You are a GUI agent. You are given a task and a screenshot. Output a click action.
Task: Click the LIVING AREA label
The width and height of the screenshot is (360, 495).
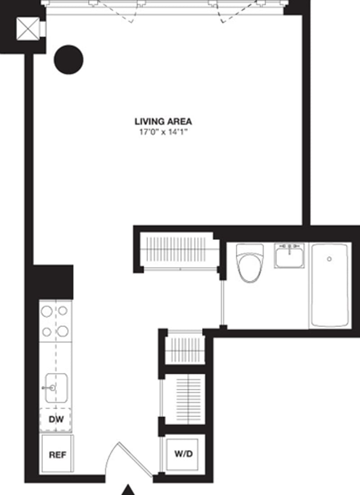tap(163, 121)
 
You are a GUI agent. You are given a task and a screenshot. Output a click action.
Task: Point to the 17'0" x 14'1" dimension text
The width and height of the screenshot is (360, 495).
tap(163, 132)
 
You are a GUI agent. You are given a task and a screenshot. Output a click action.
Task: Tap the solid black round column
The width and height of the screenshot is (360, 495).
tap(69, 60)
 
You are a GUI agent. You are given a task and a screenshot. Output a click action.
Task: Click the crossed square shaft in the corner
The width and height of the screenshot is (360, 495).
tap(27, 29)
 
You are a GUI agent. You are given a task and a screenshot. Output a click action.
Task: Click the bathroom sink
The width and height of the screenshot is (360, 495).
tap(289, 255)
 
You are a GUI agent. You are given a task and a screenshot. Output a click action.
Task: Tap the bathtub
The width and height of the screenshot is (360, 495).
tap(329, 285)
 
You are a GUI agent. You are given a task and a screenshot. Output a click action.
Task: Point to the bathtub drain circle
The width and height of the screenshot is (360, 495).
tap(329, 259)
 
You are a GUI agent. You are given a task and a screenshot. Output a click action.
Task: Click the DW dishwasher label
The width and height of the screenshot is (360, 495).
tap(56, 420)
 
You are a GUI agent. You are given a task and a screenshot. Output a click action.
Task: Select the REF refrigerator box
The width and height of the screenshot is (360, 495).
tap(57, 454)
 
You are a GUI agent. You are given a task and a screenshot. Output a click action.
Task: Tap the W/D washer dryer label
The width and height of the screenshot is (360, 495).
tap(183, 454)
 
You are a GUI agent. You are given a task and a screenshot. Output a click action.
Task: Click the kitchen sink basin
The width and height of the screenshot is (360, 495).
tap(57, 388)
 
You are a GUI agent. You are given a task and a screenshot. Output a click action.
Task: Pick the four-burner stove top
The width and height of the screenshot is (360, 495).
tap(55, 321)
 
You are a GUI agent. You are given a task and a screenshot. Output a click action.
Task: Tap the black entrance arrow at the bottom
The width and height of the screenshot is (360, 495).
tap(129, 490)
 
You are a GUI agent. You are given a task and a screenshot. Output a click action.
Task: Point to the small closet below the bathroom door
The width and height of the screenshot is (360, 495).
tap(184, 348)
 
